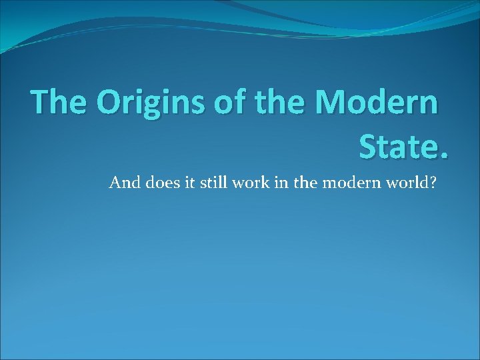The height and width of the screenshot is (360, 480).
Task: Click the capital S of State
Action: [x=371, y=145]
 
